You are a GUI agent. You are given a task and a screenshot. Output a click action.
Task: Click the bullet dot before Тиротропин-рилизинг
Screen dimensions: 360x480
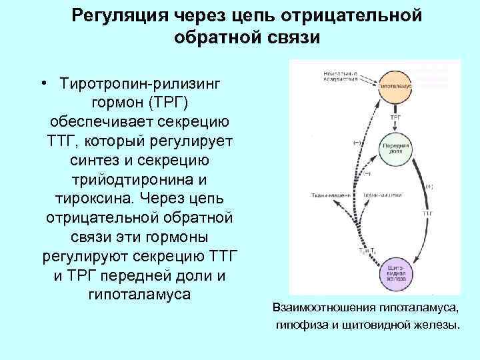[42, 85]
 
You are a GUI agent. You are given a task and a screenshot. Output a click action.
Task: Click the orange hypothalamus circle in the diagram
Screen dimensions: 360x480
[397, 86]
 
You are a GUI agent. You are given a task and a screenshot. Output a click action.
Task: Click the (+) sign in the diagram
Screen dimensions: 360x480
[429, 187]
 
